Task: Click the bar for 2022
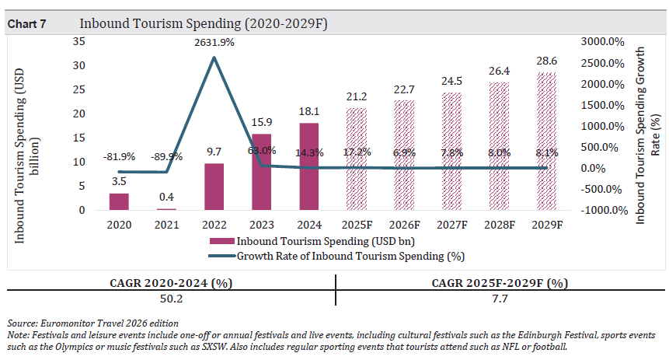pyautogui.click(x=214, y=187)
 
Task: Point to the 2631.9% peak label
pyautogui.click(x=214, y=43)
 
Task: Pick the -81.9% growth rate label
pyautogui.click(x=119, y=156)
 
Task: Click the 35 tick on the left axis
pyautogui.click(x=79, y=41)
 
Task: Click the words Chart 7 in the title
pyautogui.click(x=26, y=24)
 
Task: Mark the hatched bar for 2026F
pyautogui.click(x=404, y=156)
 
